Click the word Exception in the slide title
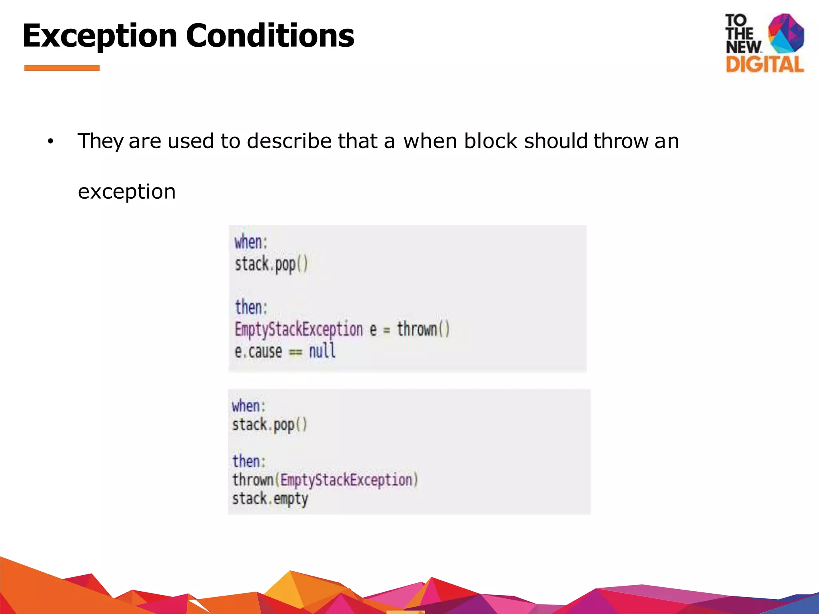[x=100, y=36]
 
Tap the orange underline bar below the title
[x=62, y=68]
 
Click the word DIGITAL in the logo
[x=764, y=64]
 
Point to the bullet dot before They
[x=50, y=142]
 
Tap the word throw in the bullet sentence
[x=621, y=141]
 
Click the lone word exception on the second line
[x=127, y=191]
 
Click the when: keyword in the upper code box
[x=251, y=242]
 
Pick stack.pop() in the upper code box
[x=271, y=265]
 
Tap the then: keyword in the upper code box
[x=251, y=307]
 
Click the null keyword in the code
[x=322, y=351]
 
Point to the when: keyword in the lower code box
[x=248, y=406]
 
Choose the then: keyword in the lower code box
[x=249, y=461]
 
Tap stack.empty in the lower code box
[x=270, y=499]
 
